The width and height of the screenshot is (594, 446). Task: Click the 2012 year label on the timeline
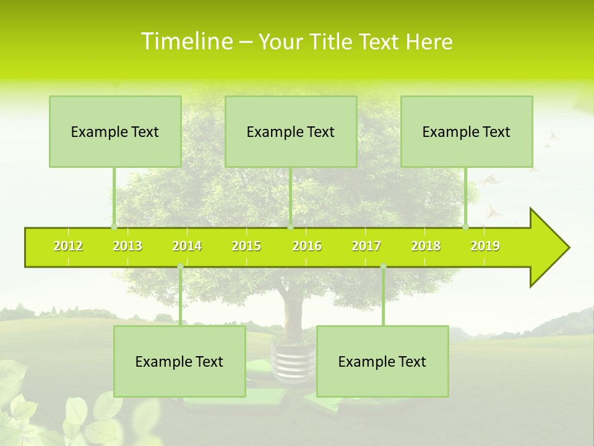[x=68, y=246]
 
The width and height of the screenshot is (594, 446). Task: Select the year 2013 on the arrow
[x=127, y=246]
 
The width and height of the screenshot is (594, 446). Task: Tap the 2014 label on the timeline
[x=187, y=246]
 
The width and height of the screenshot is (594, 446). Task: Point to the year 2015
[x=246, y=246]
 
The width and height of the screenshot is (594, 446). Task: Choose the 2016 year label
[x=307, y=246]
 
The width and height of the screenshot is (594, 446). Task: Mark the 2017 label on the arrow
[x=366, y=246]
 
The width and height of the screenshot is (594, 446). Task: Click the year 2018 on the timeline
[x=426, y=246]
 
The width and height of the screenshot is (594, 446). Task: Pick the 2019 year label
[x=485, y=246]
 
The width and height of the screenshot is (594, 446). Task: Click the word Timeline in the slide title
[x=186, y=42]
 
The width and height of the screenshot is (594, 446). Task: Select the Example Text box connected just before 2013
[x=115, y=131]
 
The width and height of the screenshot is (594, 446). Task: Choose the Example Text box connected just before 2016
[x=291, y=131]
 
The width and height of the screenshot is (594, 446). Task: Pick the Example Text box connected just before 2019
[x=467, y=131]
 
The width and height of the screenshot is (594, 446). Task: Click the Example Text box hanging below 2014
[x=179, y=361]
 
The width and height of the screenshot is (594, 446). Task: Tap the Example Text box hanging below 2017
[x=382, y=361]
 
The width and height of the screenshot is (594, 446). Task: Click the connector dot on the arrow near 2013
[x=114, y=227]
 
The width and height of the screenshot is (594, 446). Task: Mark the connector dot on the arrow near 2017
[x=383, y=266]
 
